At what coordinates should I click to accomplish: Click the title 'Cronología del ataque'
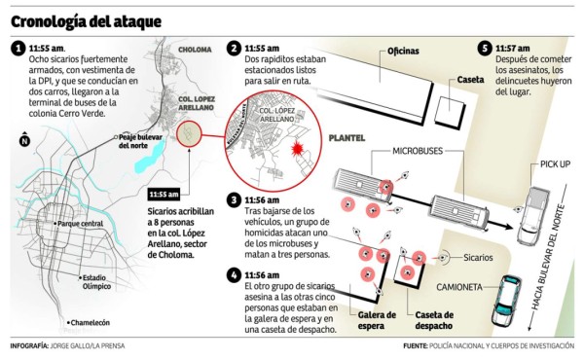click(86, 20)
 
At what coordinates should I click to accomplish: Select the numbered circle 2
click(234, 49)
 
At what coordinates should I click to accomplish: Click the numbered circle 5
click(485, 49)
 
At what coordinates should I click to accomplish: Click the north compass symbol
click(23, 142)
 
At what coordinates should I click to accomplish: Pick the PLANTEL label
click(347, 138)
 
